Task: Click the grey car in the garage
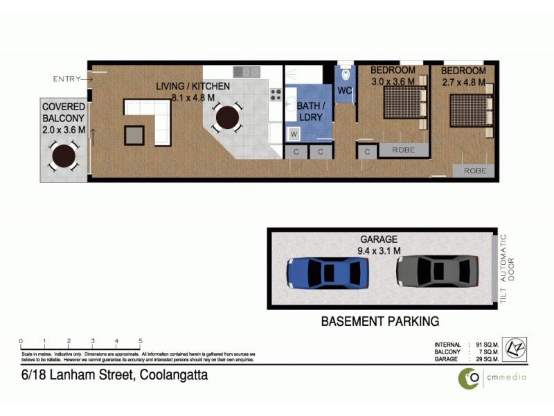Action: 437,271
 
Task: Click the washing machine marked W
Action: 294,134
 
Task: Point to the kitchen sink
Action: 246,71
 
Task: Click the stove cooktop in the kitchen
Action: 275,95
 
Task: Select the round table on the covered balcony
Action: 64,156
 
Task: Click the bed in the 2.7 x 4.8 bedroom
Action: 471,110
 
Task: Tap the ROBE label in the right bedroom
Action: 474,171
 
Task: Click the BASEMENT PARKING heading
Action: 379,322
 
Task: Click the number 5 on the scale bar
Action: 141,341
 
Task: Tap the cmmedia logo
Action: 492,377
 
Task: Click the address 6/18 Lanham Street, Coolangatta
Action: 114,375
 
